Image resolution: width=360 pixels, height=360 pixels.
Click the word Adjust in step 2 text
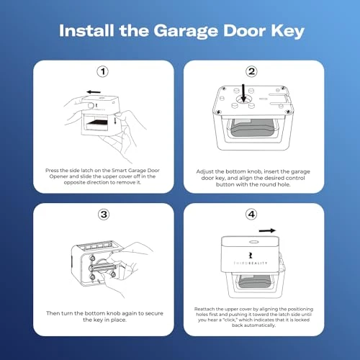(x=206, y=172)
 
